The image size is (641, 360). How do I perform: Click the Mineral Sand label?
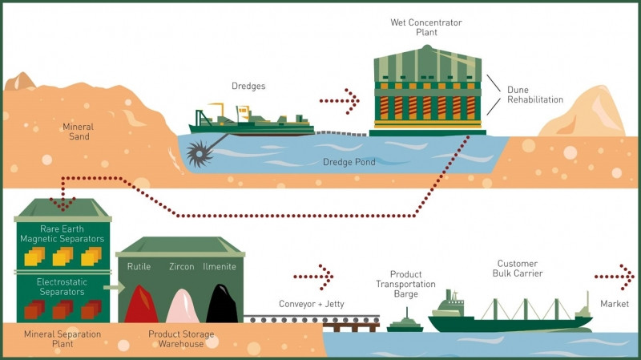(78, 131)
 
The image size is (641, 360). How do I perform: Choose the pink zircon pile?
(182, 305)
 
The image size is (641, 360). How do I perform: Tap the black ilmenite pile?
(221, 304)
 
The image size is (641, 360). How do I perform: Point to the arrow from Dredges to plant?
(339, 102)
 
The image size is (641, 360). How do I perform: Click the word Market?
(615, 305)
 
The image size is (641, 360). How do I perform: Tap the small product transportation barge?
(405, 325)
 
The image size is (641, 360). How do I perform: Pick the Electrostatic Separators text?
(62, 286)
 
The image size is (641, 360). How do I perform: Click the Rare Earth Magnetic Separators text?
(62, 233)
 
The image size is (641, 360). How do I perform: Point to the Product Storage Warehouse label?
(181, 337)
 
